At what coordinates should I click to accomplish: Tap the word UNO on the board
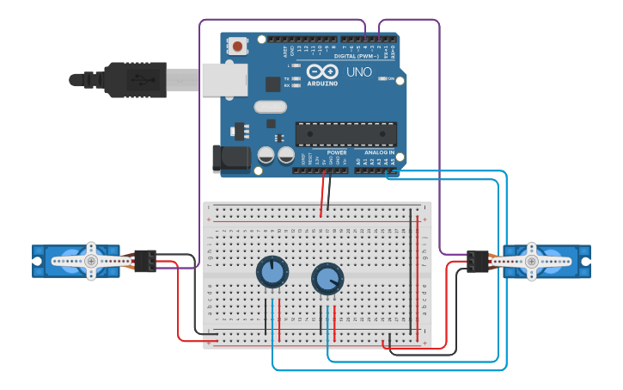pos(358,72)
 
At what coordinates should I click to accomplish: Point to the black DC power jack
pos(230,158)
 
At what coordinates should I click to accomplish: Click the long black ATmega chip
pos(345,133)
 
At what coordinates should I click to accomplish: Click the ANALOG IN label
pos(378,152)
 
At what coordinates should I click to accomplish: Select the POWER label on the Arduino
pos(337,152)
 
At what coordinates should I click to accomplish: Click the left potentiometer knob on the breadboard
pos(272,273)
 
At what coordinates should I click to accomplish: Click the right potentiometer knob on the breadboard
pos(327,278)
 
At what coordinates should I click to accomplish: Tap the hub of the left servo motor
pos(91,260)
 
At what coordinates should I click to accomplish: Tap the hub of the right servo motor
pos(531,260)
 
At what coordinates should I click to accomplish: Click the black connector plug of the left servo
pos(145,260)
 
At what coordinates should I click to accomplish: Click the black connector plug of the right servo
pos(477,260)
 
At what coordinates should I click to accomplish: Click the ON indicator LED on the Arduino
pos(383,79)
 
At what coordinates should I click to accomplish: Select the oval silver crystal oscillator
pos(269,108)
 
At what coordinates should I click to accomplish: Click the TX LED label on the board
pos(286,78)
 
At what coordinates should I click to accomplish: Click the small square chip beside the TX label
pos(272,84)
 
